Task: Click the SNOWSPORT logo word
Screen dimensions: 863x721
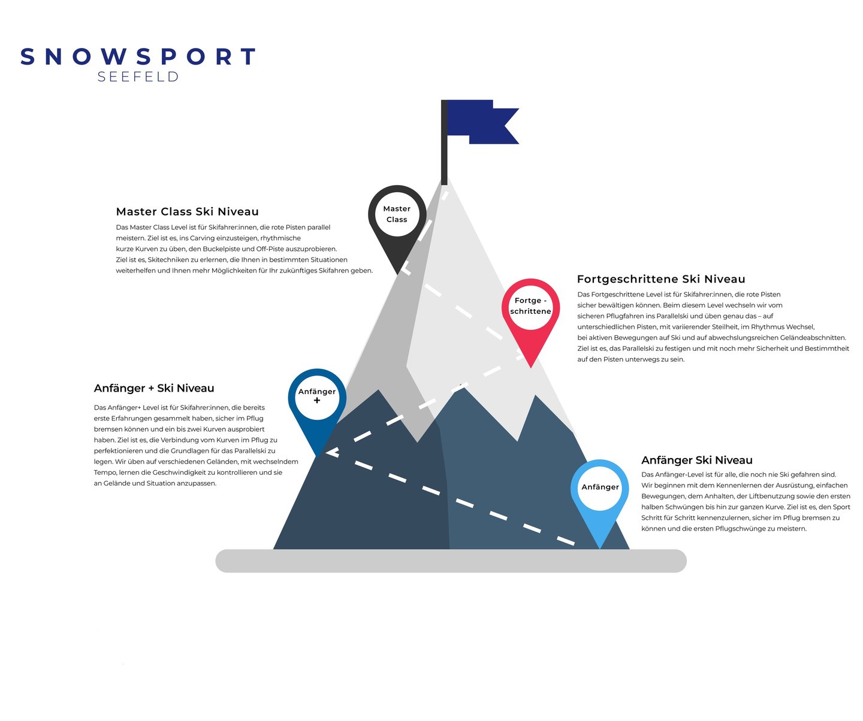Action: pos(138,57)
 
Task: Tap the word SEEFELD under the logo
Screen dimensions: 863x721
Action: pos(138,77)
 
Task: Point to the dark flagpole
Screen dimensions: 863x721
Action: pos(444,144)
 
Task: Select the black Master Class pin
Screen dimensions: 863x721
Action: pos(397,216)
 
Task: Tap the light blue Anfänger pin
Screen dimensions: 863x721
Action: pos(600,488)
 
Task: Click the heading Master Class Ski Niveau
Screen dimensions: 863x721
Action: pos(188,211)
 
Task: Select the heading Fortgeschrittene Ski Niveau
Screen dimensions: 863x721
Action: pos(661,279)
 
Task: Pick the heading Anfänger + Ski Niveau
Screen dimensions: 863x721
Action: pos(154,388)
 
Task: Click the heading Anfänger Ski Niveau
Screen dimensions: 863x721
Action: pos(697,460)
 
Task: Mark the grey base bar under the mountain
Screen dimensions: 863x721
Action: pos(451,561)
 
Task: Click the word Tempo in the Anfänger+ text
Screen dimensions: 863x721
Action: pos(104,472)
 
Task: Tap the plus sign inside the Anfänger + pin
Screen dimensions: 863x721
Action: pos(317,401)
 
